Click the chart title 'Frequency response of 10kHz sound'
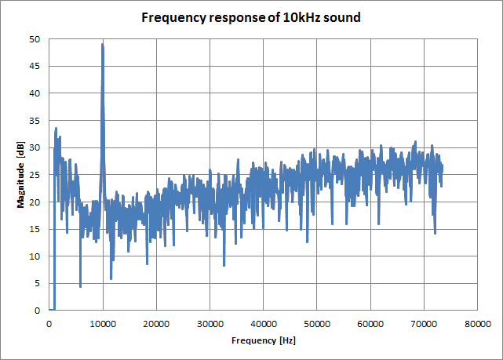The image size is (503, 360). [251, 17]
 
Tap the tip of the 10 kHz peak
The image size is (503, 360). [102, 44]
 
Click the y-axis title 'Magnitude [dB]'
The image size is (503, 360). [21, 174]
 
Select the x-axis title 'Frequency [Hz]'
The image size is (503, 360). [263, 341]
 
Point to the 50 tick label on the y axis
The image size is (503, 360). [35, 39]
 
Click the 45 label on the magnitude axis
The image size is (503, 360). [35, 67]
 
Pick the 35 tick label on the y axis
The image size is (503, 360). [35, 121]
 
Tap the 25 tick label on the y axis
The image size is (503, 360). [35, 175]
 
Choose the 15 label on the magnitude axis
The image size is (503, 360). [35, 229]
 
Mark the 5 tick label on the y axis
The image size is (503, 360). [38, 283]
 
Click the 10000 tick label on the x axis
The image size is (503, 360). [103, 323]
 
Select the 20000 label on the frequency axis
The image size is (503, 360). [156, 323]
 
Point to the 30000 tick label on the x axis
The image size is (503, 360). [210, 323]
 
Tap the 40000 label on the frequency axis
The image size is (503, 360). [263, 323]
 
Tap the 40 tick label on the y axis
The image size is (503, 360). [35, 93]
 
